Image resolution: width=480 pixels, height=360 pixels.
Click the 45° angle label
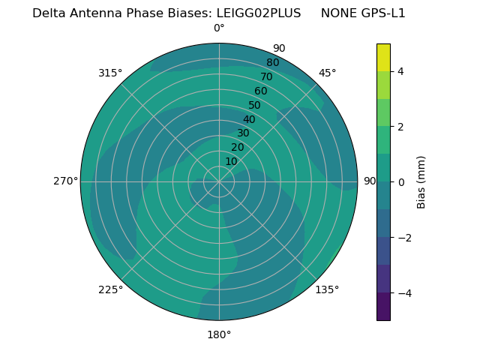(x=327, y=73)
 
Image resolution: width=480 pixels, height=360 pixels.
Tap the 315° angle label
(x=110, y=73)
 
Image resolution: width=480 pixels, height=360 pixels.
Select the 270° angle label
(x=65, y=181)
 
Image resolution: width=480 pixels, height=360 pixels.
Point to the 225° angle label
(x=110, y=289)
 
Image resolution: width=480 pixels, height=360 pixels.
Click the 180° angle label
(x=219, y=334)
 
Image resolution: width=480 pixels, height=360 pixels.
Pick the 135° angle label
(x=327, y=289)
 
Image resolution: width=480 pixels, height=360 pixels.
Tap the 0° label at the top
(x=219, y=28)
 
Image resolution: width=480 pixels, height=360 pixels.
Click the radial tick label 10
(x=231, y=161)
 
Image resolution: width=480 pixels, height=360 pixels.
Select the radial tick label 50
(x=255, y=105)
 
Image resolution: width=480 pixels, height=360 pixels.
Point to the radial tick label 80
(x=272, y=62)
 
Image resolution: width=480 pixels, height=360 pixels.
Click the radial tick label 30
(x=243, y=133)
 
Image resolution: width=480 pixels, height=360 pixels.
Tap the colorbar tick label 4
(x=400, y=71)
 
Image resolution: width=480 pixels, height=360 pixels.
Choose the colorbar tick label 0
(x=400, y=181)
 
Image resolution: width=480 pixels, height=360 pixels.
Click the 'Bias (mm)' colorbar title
(x=421, y=181)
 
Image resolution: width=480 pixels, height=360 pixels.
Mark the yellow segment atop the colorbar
(x=383, y=57)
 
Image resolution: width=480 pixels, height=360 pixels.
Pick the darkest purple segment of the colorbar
(x=383, y=307)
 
